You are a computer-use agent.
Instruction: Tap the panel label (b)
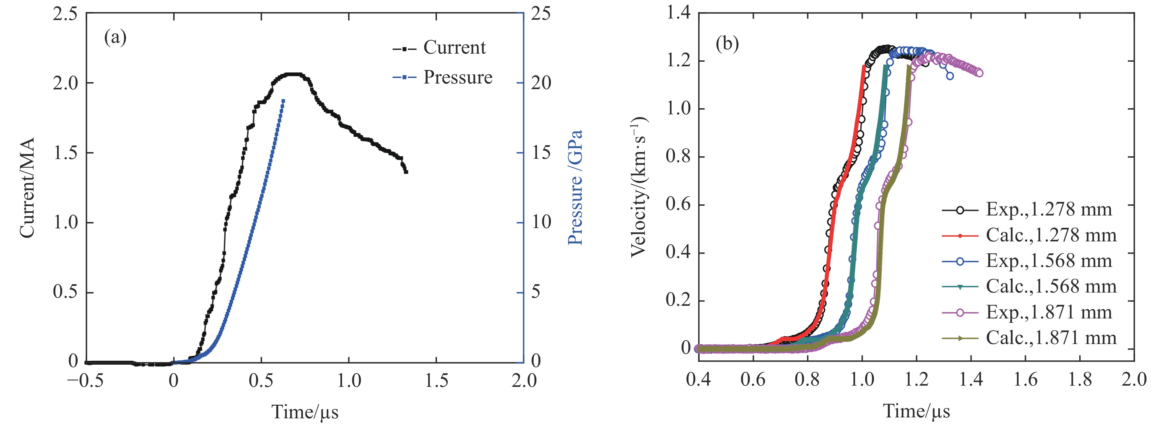tap(727, 44)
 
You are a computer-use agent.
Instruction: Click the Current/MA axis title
tap(27, 188)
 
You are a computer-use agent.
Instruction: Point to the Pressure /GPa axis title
tap(575, 188)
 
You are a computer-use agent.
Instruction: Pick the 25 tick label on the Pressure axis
tap(540, 14)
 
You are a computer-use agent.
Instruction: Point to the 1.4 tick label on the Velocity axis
tap(678, 13)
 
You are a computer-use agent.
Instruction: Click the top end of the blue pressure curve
tap(283, 100)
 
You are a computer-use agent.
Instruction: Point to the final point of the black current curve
tap(406, 172)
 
